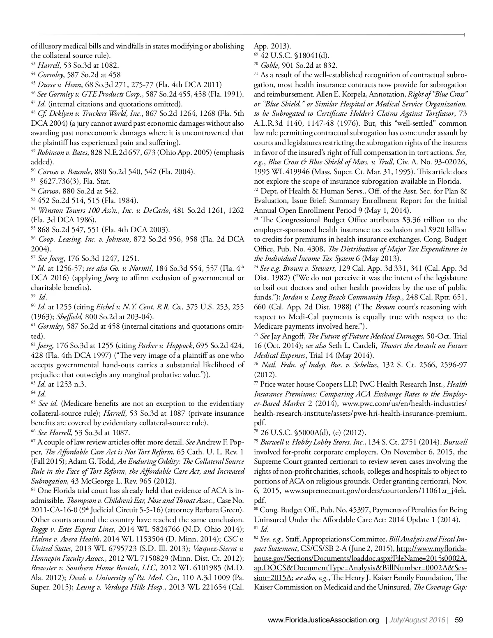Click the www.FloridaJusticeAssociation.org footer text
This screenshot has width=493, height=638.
tap(323, 620)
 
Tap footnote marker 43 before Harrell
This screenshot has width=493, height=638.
tap(33, 64)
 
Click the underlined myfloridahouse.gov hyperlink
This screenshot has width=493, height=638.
tap(360, 558)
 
